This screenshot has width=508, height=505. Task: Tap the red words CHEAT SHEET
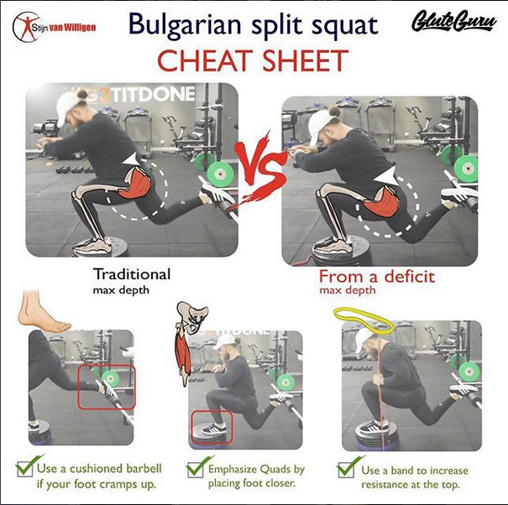253,61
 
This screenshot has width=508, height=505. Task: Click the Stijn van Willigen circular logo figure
26,27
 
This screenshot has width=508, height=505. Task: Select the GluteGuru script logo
454,21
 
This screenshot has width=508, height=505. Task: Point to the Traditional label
132,274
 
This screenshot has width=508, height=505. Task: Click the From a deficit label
377,277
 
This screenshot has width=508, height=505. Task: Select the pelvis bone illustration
192,317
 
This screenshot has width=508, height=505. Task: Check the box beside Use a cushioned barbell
25,468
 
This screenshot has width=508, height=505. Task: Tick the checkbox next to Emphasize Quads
196,470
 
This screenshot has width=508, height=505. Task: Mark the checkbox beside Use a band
346,470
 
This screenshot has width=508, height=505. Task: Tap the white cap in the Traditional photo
67,108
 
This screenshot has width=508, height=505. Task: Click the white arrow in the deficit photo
386,176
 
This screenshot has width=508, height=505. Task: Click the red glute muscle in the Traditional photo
135,184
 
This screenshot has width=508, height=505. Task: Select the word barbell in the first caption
144,468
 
